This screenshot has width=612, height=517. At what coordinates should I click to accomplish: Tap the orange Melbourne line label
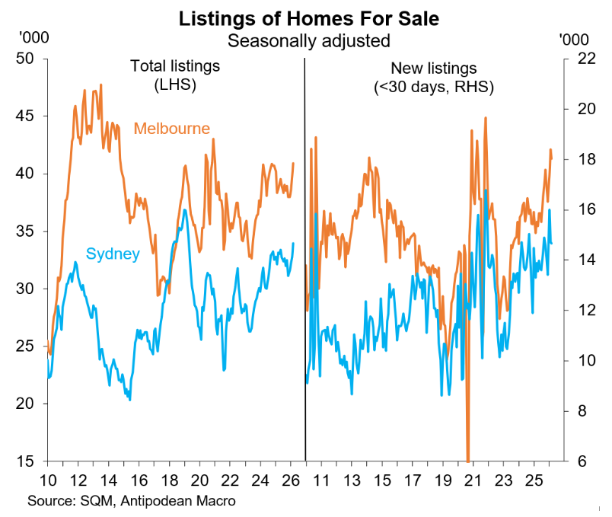[171, 128]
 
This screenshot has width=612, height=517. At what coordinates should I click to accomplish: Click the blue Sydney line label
[113, 254]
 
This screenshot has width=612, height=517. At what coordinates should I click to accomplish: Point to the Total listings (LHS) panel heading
[174, 75]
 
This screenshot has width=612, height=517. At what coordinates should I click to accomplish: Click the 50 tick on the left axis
[28, 59]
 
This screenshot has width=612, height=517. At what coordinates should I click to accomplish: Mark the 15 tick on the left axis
[28, 461]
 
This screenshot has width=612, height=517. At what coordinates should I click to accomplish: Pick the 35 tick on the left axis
[28, 231]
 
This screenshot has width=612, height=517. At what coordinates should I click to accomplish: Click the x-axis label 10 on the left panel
[47, 480]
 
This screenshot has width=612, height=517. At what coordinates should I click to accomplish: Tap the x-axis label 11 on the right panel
[320, 480]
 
